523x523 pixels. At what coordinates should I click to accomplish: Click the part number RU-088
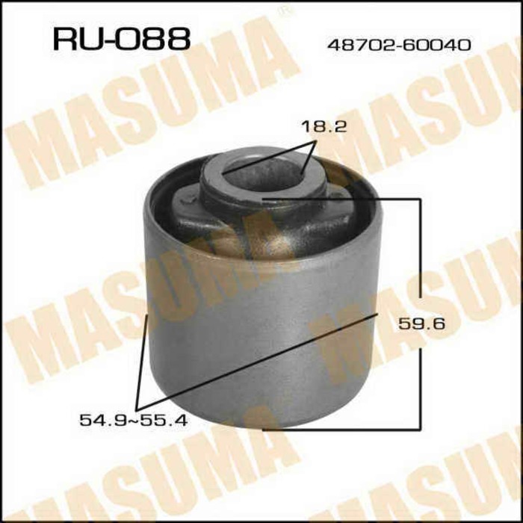click(x=120, y=39)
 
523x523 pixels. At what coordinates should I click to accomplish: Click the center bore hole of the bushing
click(x=261, y=170)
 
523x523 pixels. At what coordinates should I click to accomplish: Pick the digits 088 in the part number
click(x=155, y=39)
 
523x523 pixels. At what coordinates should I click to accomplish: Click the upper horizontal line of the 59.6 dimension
click(x=344, y=199)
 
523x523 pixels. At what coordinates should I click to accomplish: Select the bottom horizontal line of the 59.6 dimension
click(x=344, y=429)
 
